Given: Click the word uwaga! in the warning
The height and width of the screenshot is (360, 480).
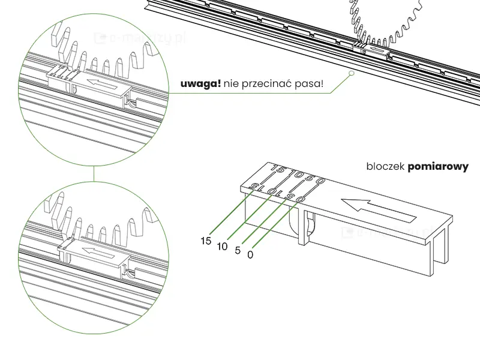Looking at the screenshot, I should click(200, 83).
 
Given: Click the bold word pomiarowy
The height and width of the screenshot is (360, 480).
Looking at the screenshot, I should click(437, 167).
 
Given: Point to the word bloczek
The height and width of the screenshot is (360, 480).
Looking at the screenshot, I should click(385, 167).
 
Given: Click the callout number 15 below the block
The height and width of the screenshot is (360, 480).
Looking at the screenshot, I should click(206, 241).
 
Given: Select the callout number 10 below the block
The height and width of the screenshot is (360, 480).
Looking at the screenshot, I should click(222, 246).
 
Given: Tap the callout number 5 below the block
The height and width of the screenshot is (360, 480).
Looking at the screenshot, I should click(238, 250).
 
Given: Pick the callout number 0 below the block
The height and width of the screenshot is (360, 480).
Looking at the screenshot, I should click(251, 254).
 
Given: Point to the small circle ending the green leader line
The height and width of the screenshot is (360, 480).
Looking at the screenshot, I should click(350, 73).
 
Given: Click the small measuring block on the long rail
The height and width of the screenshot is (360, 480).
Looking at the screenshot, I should click(375, 50).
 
